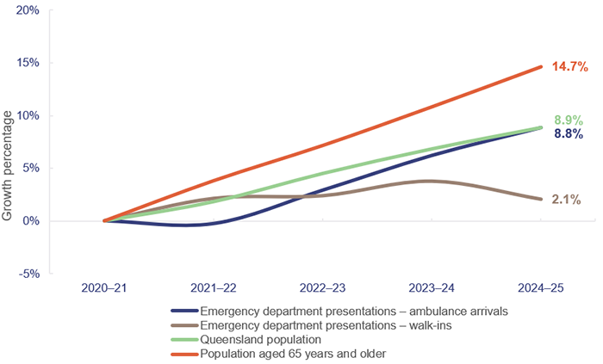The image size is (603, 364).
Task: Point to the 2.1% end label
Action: point(566,200)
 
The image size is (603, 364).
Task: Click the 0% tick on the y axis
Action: point(31,220)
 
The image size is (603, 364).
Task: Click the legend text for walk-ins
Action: point(318,325)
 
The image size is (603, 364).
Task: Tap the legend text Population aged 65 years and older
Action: point(293,353)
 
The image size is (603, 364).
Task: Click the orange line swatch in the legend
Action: point(183,353)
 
